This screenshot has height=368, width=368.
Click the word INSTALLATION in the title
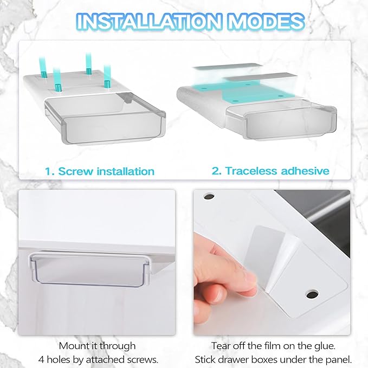click(x=149, y=22)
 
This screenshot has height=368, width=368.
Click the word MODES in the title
click(x=266, y=22)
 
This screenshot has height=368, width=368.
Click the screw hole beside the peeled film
click(x=312, y=294)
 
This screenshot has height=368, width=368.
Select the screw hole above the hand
click(x=209, y=196)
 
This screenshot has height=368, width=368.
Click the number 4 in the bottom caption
click(x=41, y=359)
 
